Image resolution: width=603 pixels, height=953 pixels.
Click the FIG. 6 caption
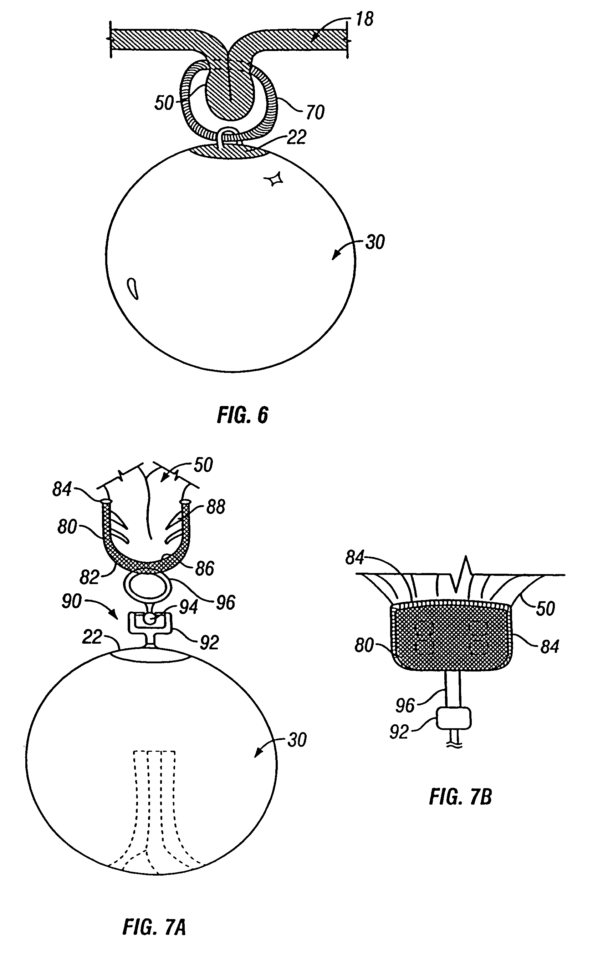point(242,415)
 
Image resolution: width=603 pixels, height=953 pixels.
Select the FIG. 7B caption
point(461,797)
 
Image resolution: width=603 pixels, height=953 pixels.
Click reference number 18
point(364,19)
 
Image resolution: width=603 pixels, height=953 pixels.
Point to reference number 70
point(315,112)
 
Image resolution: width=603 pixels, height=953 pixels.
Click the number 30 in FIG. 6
point(375,242)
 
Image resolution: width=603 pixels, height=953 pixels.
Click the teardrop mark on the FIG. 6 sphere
point(133,289)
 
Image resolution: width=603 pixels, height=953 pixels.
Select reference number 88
point(216,507)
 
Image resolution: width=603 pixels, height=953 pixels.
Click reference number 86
point(205,569)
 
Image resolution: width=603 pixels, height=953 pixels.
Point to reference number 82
point(89,577)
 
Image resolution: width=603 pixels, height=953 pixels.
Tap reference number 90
point(72,601)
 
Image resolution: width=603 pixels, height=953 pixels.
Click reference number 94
point(189,607)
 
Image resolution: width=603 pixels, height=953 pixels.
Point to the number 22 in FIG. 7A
point(92,637)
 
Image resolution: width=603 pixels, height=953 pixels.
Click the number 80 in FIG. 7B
point(364,645)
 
